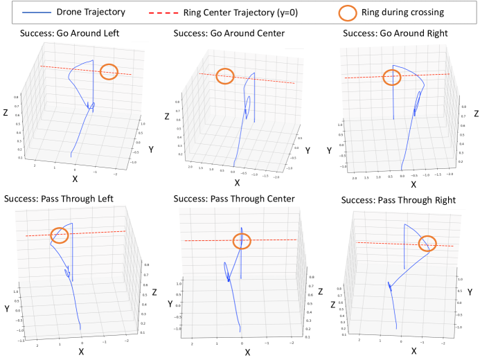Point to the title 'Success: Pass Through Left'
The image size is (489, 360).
58,199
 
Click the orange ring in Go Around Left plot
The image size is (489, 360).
109,71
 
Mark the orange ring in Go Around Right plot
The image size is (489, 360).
392,78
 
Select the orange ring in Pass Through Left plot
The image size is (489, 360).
60,234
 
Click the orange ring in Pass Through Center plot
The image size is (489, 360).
242,241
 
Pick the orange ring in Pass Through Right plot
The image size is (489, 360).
428,242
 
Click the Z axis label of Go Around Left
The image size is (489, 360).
6,111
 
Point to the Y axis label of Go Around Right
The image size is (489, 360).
330,150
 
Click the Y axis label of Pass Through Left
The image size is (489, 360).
7,307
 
